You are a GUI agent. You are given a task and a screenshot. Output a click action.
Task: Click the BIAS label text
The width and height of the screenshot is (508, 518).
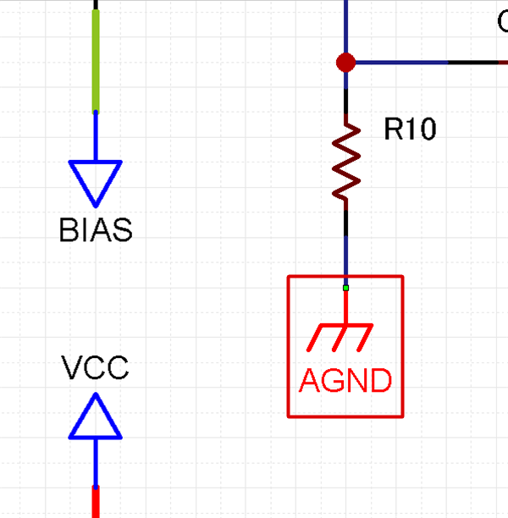[x=96, y=230]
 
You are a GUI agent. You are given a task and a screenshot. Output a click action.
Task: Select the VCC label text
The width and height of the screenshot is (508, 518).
[x=95, y=368]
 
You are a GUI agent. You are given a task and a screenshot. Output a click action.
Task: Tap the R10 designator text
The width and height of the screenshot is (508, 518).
[x=410, y=129]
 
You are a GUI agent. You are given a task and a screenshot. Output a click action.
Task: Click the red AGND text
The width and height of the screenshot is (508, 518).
[x=345, y=381]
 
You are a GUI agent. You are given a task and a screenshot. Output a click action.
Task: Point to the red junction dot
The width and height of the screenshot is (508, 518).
[x=345, y=63]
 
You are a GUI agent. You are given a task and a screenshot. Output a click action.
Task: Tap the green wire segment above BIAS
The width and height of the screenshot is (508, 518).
[x=96, y=59]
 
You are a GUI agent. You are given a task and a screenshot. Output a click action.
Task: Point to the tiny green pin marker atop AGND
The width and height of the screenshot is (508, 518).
[x=345, y=289]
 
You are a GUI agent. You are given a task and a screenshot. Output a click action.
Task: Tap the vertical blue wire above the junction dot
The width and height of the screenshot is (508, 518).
[x=345, y=25]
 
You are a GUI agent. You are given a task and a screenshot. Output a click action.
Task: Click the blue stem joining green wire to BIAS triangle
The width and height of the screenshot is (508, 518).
[x=96, y=135]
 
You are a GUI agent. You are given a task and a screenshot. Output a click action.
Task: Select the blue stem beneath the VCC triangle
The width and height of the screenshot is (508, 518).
[x=95, y=462]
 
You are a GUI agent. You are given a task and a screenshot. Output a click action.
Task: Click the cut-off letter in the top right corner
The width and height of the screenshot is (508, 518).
[x=503, y=21]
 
